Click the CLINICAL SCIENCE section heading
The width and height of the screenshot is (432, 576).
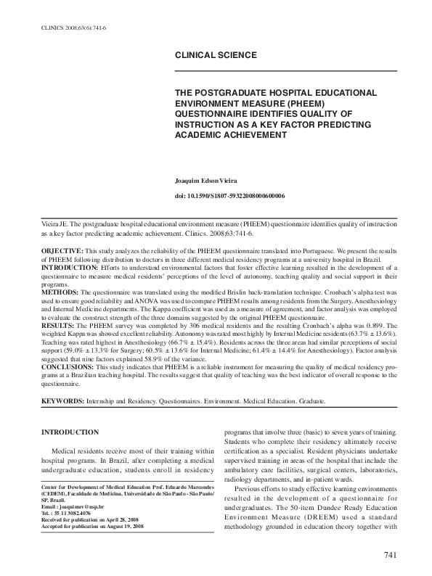tap(216, 55)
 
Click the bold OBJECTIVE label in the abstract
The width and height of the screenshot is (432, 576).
tap(63, 250)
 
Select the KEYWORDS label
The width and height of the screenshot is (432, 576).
tap(64, 400)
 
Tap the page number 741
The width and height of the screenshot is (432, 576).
tap(390, 556)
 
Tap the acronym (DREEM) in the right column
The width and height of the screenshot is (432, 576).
tap(341, 527)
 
